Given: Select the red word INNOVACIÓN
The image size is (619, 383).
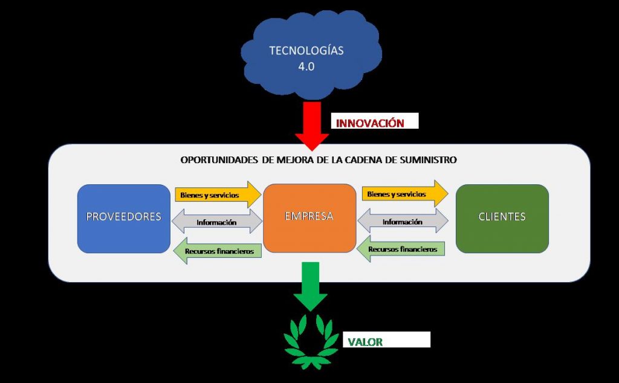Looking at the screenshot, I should tap(369, 123).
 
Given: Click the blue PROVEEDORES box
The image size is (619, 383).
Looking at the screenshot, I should tap(124, 217).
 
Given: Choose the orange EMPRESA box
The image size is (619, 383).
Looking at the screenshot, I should tap(309, 217).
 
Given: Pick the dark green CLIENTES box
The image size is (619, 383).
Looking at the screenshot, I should tap(502, 217).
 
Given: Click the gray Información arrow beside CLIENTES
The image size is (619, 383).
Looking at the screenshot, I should tap(403, 222).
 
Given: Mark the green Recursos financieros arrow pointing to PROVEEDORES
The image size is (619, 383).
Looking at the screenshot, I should tap(218, 249).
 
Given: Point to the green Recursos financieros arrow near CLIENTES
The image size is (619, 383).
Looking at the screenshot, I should tap(401, 249).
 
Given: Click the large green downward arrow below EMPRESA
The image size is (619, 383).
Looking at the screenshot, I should tap(311, 286).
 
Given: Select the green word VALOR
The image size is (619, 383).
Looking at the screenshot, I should tap(365, 342).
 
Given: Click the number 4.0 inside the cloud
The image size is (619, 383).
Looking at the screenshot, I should tap(306, 66).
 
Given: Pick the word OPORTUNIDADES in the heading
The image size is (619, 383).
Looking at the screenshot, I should tap(218, 160).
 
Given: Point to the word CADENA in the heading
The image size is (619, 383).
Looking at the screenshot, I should tap(365, 160).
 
